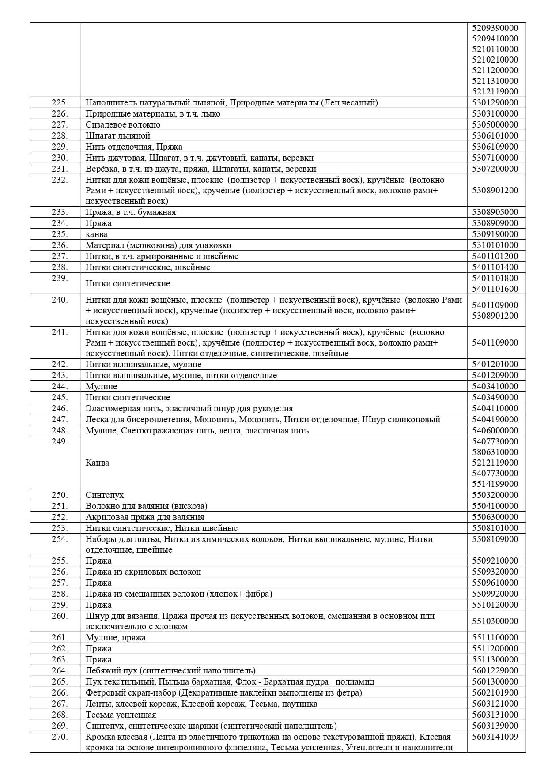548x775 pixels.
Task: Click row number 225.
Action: click(x=60, y=103)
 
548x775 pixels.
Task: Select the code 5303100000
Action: click(x=495, y=114)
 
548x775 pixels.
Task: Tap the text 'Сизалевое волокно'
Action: click(x=123, y=125)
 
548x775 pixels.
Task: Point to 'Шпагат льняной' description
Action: click(x=118, y=136)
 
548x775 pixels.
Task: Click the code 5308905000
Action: click(x=495, y=212)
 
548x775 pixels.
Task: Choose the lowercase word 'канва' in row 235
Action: click(x=96, y=234)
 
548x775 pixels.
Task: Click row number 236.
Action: click(x=60, y=245)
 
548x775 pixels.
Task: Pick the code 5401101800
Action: click(x=495, y=278)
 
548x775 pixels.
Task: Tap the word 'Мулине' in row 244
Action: click(x=102, y=387)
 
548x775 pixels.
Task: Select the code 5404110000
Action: click(x=495, y=409)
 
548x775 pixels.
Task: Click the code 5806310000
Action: click(x=495, y=452)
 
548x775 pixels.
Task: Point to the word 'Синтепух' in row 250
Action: click(x=105, y=495)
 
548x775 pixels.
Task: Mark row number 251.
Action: click(x=60, y=506)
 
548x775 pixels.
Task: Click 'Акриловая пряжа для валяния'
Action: click(x=145, y=517)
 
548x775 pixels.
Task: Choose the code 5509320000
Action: click(x=495, y=572)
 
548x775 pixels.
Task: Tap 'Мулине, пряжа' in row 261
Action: click(x=116, y=638)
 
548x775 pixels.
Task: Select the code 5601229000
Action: click(x=495, y=671)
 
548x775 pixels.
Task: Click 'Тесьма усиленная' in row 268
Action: click(x=121, y=715)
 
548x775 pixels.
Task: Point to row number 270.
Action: click(x=60, y=737)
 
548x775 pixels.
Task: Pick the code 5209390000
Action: click(x=495, y=28)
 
